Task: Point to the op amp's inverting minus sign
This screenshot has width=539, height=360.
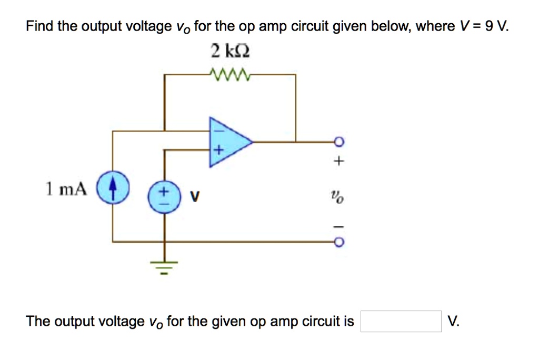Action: click(216, 128)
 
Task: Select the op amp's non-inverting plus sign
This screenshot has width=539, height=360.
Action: click(216, 152)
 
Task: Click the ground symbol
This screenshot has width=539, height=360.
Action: click(165, 267)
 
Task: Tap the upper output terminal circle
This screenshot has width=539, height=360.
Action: click(340, 141)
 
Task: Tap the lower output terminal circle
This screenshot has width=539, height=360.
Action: click(340, 243)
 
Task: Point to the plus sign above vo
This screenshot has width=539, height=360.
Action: click(340, 161)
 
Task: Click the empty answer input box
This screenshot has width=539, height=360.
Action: click(401, 321)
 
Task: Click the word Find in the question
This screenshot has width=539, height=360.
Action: click(40, 26)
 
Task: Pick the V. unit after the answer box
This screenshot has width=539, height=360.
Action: click(453, 321)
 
